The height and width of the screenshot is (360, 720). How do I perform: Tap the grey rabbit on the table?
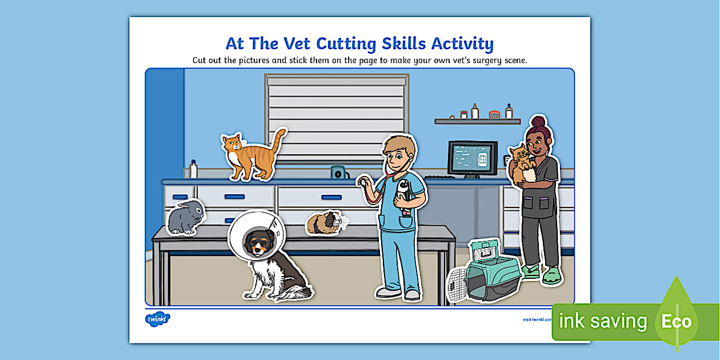click(185, 218)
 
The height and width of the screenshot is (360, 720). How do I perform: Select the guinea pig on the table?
click(325, 223)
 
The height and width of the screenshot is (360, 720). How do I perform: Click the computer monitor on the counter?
click(472, 159)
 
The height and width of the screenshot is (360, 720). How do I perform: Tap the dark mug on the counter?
click(338, 172)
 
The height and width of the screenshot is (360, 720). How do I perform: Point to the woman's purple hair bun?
click(538, 122)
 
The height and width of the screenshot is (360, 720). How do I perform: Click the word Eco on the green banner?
click(677, 321)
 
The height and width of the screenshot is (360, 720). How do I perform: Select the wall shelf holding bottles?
click(477, 121)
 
